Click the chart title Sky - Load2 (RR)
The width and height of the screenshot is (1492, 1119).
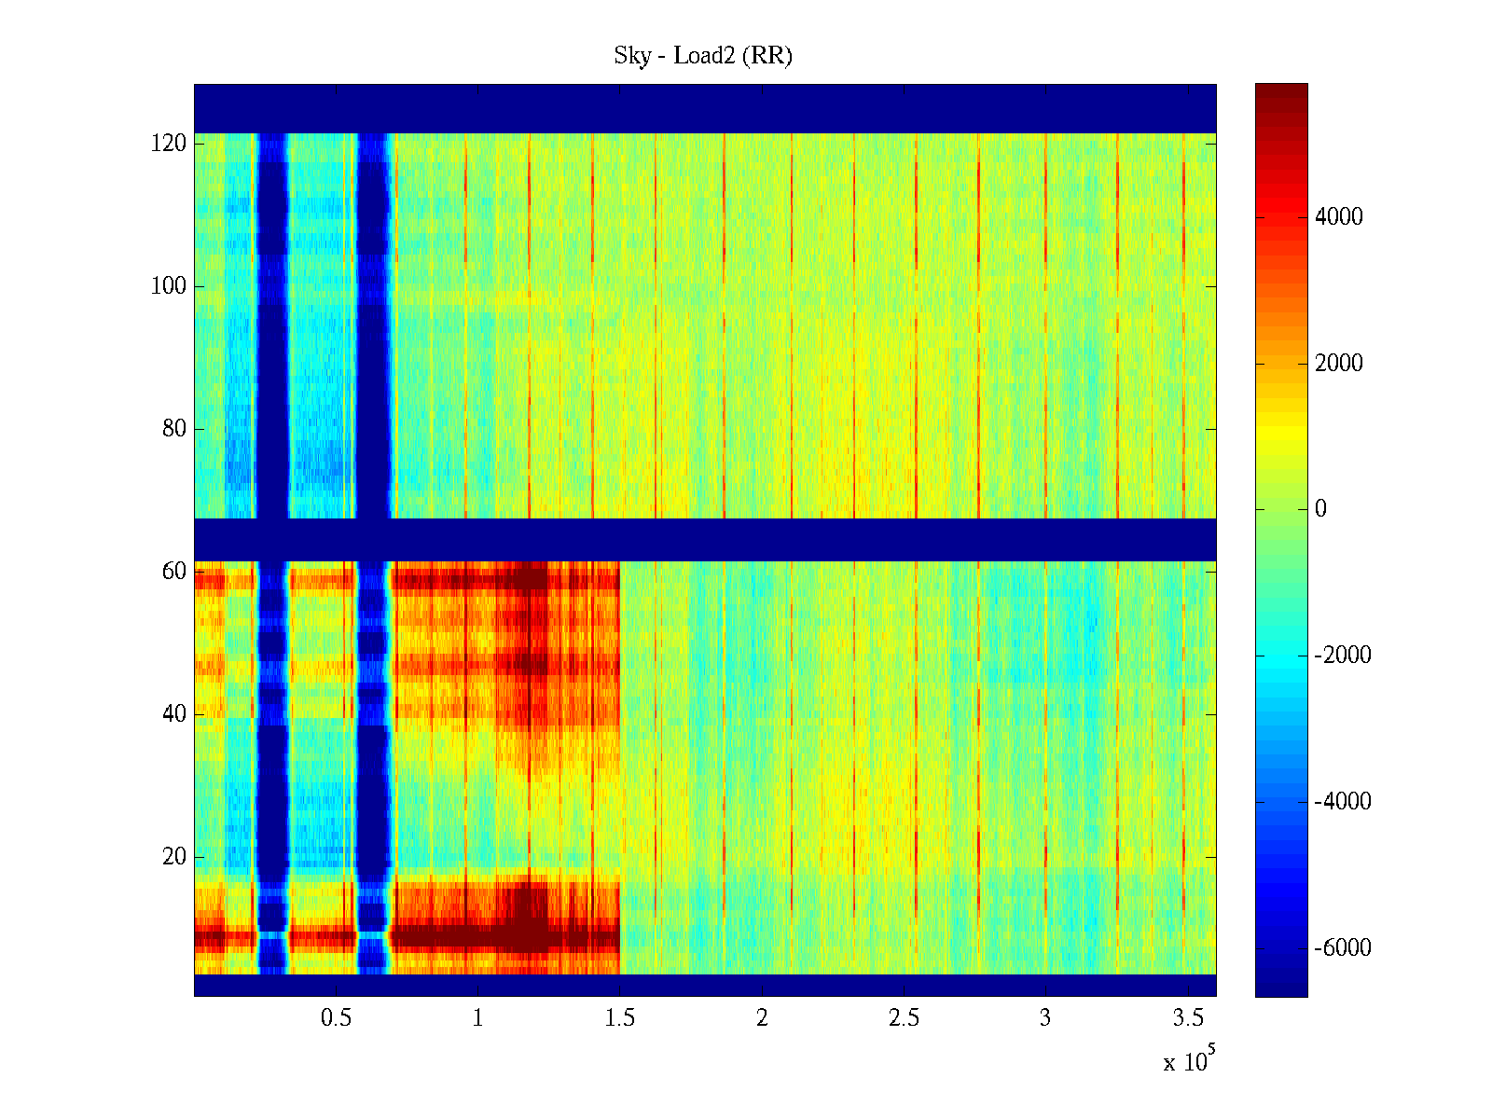703,56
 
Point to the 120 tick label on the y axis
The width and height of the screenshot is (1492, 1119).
169,144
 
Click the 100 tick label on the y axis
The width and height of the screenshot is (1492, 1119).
169,286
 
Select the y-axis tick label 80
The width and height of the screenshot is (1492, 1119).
174,429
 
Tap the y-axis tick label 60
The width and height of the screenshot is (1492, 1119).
174,572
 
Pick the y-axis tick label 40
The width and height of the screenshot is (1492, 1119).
174,714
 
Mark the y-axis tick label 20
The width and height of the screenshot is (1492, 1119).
174,857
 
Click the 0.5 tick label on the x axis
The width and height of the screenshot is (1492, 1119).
336,1018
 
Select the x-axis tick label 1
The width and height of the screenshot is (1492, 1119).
477,1018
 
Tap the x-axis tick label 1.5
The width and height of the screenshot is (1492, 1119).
619,1018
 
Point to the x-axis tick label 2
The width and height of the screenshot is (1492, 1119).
762,1018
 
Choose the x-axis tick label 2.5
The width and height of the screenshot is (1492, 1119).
904,1018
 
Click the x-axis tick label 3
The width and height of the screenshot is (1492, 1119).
1045,1018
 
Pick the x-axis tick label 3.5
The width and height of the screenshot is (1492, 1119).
1187,1018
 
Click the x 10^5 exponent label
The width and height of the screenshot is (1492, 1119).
1188,1060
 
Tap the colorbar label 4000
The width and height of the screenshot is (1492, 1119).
1339,217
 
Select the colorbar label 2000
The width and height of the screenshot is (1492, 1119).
1339,364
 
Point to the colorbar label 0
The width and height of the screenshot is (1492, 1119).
1320,509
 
